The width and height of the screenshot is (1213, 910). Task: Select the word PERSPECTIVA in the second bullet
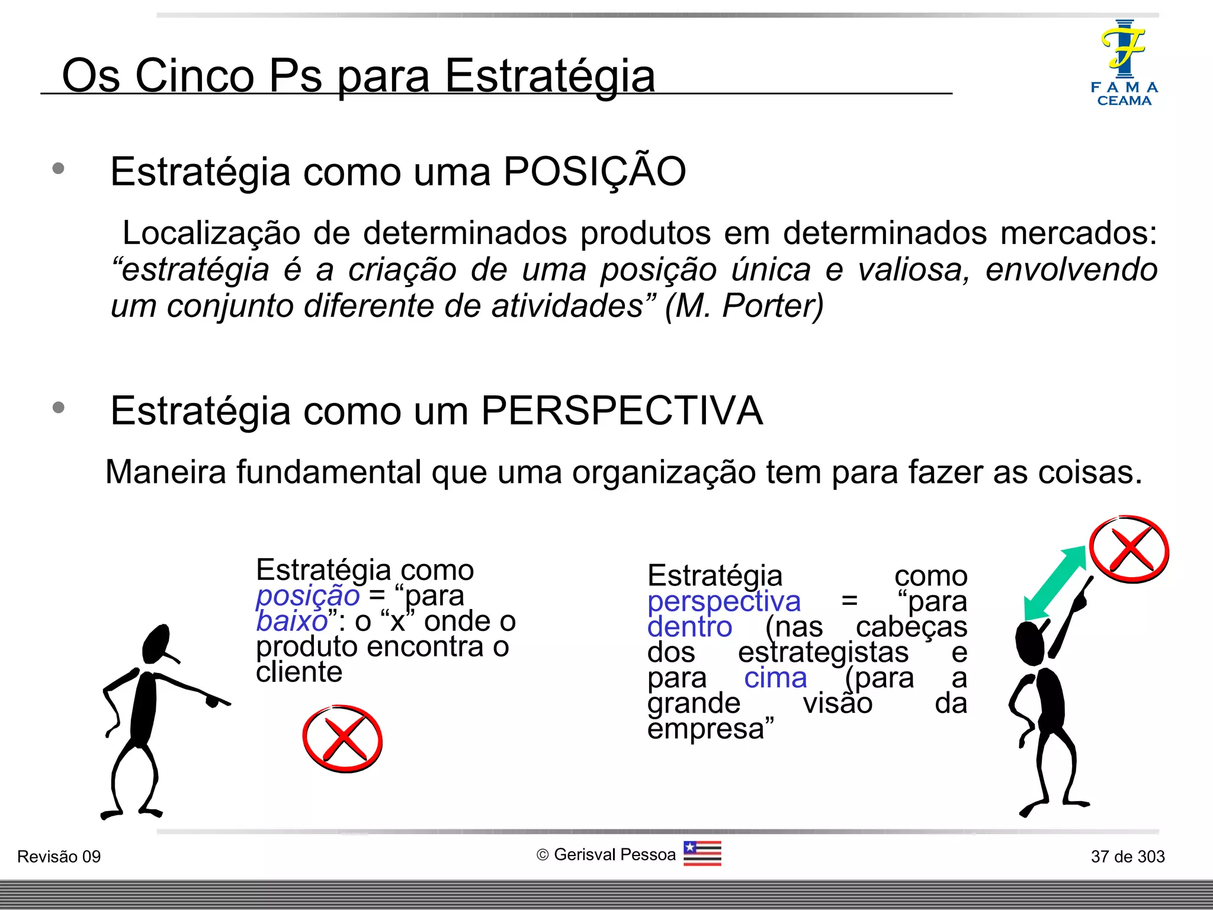(x=621, y=411)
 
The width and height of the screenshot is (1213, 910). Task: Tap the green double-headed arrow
(x=1055, y=584)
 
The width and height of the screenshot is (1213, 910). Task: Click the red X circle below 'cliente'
(x=342, y=739)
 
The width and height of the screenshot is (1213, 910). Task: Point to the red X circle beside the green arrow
(x=1129, y=549)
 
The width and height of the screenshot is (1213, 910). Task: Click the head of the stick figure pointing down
(x=157, y=644)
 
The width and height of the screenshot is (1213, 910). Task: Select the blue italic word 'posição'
(x=307, y=595)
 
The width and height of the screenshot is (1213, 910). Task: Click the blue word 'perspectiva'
(x=724, y=601)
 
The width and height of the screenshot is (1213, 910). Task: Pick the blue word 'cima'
(x=775, y=678)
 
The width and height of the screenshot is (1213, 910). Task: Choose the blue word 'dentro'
(x=689, y=627)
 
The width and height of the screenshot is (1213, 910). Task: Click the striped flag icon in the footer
(x=702, y=853)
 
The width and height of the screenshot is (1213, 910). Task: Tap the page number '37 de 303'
(x=1128, y=857)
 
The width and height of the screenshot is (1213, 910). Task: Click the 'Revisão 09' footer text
(x=59, y=857)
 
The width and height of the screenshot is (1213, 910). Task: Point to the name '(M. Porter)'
(x=744, y=306)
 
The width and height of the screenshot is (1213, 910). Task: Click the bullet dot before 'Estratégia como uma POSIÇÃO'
(x=58, y=169)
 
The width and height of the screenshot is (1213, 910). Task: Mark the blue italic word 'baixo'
(x=292, y=621)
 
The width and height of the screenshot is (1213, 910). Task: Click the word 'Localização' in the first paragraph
(x=211, y=233)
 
